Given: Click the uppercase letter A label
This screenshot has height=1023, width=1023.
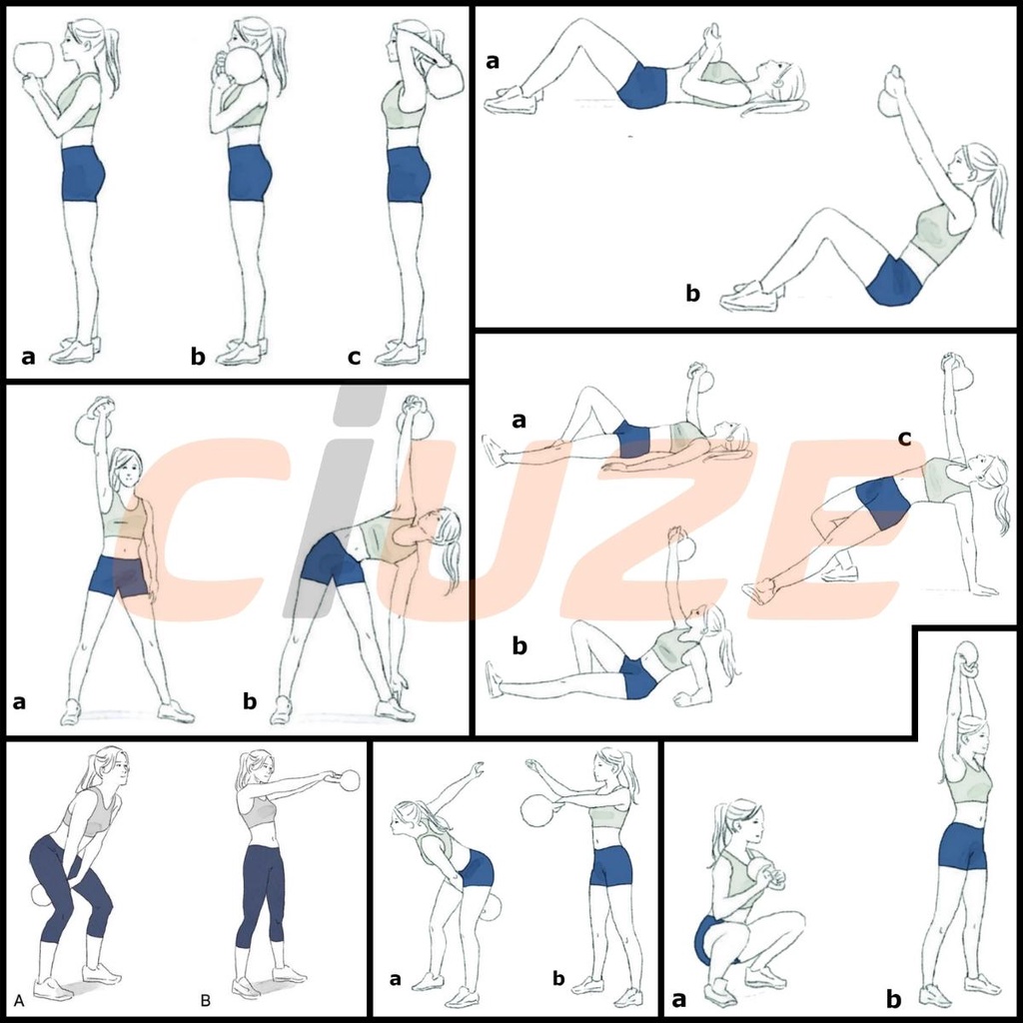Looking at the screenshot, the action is pos(19,1000).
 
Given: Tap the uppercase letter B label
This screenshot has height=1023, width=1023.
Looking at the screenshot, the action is pos(206,1000).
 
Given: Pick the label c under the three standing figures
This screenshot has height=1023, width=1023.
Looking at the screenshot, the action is pos(355,357).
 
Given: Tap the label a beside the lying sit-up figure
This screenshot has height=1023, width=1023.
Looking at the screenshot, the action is pos(493,61).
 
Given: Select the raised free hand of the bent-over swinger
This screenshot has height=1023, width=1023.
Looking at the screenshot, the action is pos(477,768).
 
